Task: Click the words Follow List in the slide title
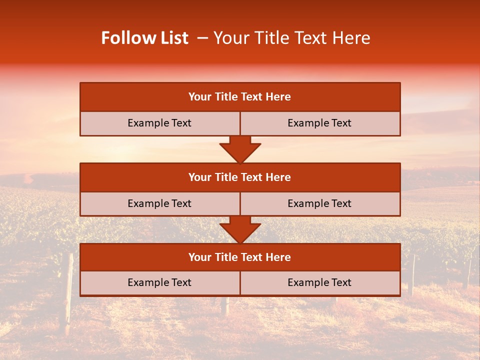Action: pyautogui.click(x=145, y=38)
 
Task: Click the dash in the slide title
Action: pyautogui.click(x=202, y=38)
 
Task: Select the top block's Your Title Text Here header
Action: pyautogui.click(x=239, y=97)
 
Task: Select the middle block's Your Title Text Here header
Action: pyautogui.click(x=239, y=177)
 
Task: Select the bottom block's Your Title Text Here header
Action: pyautogui.click(x=239, y=257)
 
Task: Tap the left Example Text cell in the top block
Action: pyautogui.click(x=159, y=123)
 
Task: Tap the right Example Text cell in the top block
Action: pyautogui.click(x=319, y=123)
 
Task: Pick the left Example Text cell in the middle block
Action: pyautogui.click(x=159, y=203)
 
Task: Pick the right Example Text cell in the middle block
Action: pyautogui.click(x=319, y=203)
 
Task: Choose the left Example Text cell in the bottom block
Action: pyautogui.click(x=159, y=282)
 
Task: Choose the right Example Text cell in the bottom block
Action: pyautogui.click(x=319, y=282)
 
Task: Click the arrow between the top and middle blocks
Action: pyautogui.click(x=240, y=149)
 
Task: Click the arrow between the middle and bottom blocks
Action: pyautogui.click(x=240, y=230)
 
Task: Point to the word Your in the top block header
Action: pyautogui.click(x=200, y=97)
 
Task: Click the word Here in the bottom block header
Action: pyautogui.click(x=278, y=257)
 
